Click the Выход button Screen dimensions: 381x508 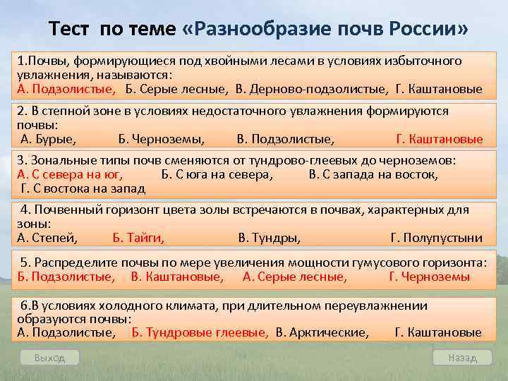(x=49, y=358)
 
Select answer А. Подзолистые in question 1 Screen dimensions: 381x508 (x=66, y=89)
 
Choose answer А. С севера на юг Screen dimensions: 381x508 (x=70, y=174)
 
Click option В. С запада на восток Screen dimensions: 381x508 (x=373, y=174)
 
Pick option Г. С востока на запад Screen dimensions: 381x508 (x=83, y=188)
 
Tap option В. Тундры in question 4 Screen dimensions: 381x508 (x=270, y=238)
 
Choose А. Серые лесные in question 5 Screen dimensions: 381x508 (x=295, y=277)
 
